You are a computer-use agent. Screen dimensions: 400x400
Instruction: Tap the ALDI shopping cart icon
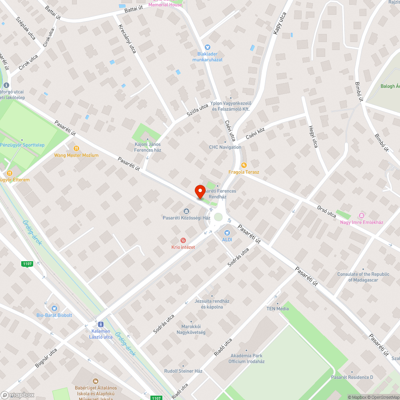227,232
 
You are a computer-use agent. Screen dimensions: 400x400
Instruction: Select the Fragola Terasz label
244,172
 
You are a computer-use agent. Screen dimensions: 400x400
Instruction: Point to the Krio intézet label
183,247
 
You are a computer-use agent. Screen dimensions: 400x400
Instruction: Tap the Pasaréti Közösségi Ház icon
186,211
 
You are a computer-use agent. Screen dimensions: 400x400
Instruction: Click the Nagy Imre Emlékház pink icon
362,215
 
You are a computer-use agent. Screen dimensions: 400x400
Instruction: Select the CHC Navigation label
225,147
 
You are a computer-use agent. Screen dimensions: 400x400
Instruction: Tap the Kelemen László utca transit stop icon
100,324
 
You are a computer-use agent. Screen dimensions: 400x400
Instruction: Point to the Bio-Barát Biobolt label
54,315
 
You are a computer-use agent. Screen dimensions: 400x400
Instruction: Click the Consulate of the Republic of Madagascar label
363,277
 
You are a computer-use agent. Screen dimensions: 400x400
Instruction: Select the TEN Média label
278,309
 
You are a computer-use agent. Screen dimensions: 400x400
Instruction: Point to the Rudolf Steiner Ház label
183,371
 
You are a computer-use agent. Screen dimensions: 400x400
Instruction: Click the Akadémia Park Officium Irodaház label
246,358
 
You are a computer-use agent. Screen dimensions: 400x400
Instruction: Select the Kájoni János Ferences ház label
148,147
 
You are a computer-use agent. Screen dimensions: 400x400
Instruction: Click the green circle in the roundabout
218,217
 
